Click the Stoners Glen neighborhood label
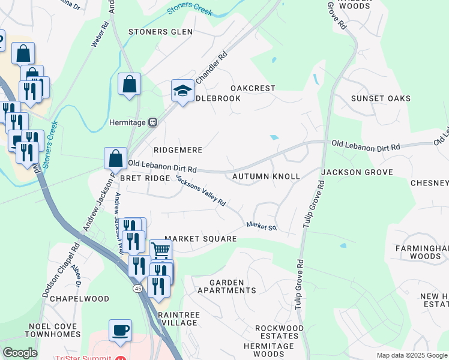coord(160,32)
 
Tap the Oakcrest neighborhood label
coord(253,88)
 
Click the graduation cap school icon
coord(182,91)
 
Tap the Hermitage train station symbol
coord(153,122)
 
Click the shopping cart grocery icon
coord(160,250)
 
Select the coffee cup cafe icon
coord(120,330)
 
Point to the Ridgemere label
coord(178,150)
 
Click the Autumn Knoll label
coord(265,177)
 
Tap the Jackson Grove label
coord(357,172)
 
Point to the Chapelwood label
coord(79,299)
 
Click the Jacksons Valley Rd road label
coord(200,193)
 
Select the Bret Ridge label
coord(145,179)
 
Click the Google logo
coord(20,353)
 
